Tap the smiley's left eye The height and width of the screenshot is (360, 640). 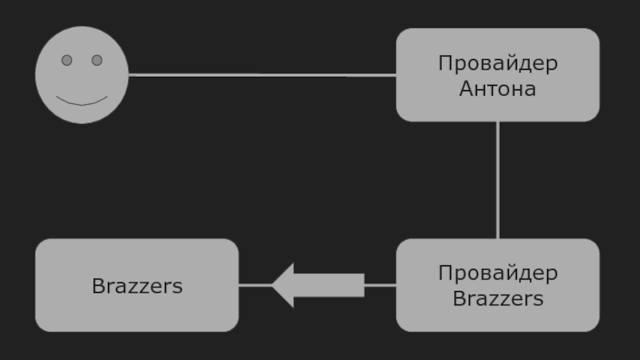[x=67, y=60]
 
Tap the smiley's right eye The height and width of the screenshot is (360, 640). [x=97, y=60]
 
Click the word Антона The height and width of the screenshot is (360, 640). [x=498, y=89]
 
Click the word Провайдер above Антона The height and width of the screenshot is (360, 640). [x=498, y=63]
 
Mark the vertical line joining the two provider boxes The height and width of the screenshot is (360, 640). [x=498, y=180]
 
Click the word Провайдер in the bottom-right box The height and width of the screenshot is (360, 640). [x=498, y=274]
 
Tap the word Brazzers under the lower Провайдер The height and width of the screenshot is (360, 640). [x=498, y=299]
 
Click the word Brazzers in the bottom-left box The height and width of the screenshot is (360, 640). [x=138, y=286]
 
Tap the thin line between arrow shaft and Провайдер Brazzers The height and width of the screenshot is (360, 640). [x=380, y=285]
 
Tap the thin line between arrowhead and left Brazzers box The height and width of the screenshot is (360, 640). [x=254, y=285]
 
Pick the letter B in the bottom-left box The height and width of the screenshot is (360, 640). [x=98, y=286]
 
